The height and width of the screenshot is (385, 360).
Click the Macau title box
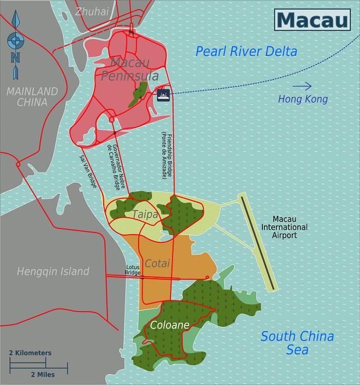coord(312,20)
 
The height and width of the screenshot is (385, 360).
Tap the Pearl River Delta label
coord(247,51)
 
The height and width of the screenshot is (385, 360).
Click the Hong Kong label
coord(302,99)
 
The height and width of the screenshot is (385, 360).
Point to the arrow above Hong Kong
coord(302,86)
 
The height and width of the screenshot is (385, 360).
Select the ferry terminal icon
coord(163,94)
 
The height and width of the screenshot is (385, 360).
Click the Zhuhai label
coord(92,12)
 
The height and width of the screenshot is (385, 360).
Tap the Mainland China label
coord(32,97)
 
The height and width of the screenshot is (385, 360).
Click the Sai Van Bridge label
coord(88,171)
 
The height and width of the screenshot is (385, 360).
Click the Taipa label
coord(145,215)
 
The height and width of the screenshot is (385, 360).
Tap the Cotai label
coord(157,263)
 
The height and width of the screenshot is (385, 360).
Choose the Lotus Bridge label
coord(133,270)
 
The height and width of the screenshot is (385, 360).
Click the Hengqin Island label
coord(53,272)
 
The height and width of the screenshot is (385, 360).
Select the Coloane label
coord(169,325)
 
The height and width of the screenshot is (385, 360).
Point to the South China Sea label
coord(297,343)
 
